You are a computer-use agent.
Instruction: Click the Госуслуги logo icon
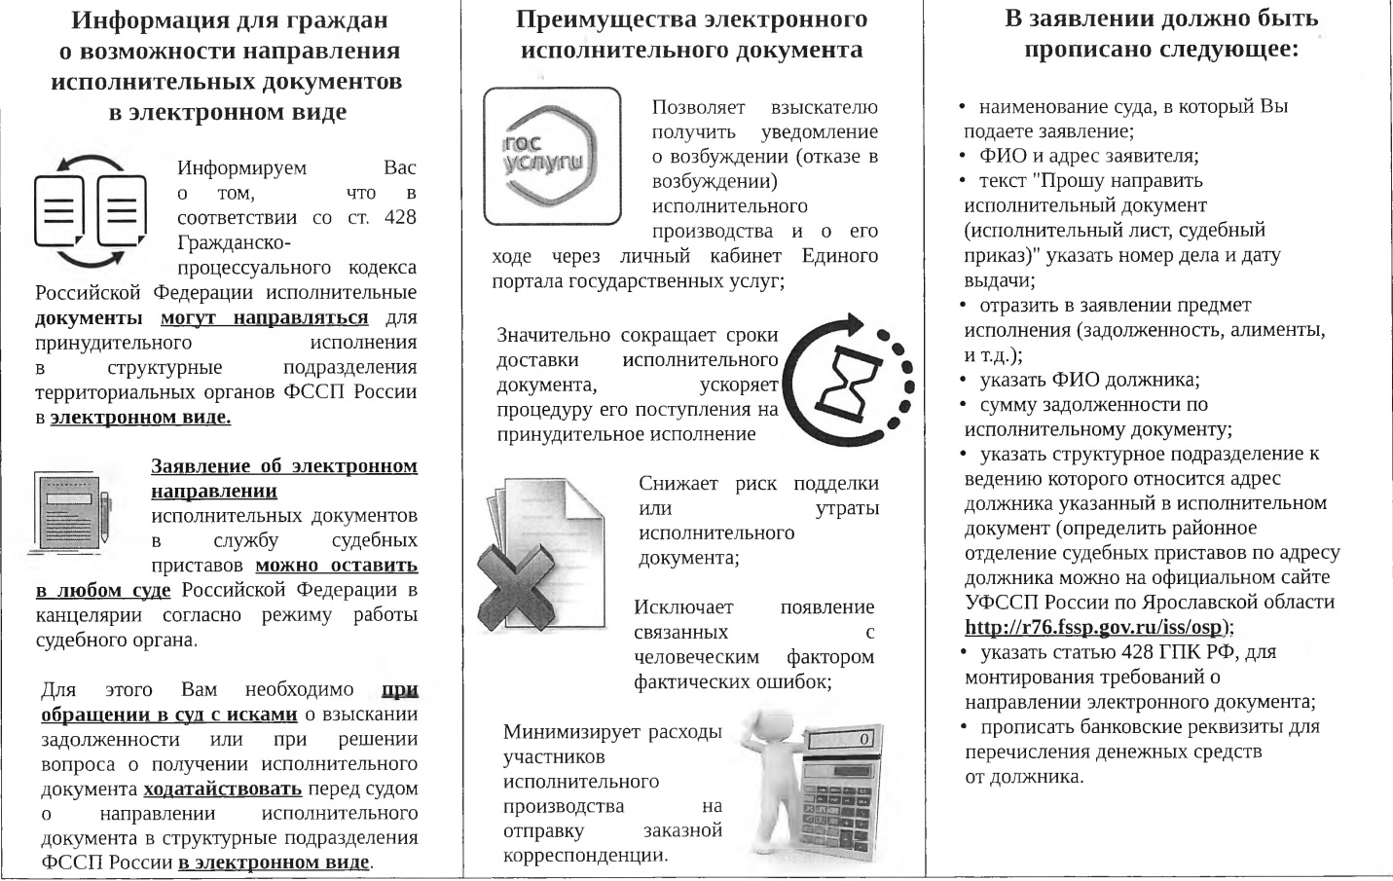[x=552, y=156]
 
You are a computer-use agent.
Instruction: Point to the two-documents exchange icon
[x=90, y=210]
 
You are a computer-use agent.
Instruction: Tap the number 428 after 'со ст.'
[x=400, y=217]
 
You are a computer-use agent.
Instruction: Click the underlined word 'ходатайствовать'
[x=222, y=789]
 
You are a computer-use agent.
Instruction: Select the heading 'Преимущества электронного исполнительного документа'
[x=692, y=34]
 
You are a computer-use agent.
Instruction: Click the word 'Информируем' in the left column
[x=242, y=167]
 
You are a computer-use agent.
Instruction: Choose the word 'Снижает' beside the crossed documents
[x=678, y=484]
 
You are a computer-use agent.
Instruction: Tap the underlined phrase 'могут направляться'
[x=264, y=318]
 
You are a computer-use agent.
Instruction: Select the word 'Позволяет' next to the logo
[x=698, y=107]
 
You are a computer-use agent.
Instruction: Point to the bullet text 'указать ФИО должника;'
[x=1089, y=380]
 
